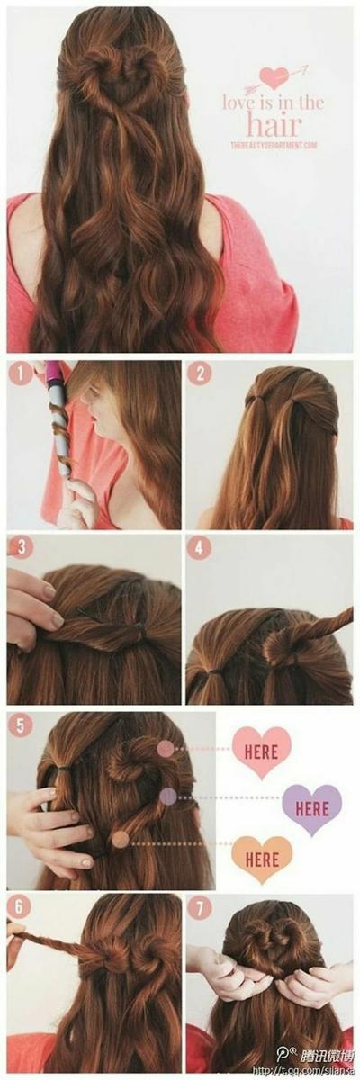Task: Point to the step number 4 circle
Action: tap(199, 547)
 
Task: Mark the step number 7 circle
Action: tap(199, 904)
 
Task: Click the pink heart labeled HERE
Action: tap(261, 750)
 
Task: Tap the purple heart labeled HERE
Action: tap(311, 807)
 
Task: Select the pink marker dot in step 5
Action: tap(166, 749)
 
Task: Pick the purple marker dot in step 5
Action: tap(167, 796)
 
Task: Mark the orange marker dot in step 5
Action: tap(120, 839)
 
